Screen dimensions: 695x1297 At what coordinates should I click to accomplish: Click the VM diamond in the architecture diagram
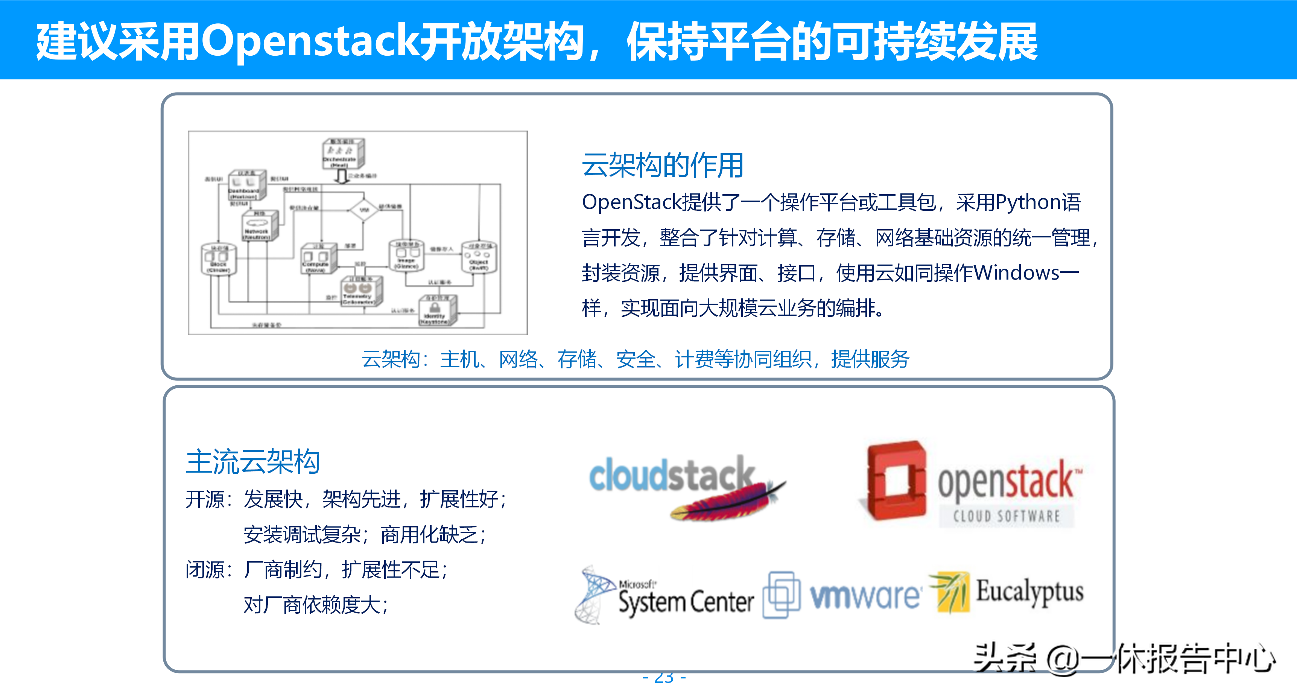pos(363,210)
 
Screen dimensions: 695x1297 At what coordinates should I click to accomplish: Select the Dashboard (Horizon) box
pos(246,186)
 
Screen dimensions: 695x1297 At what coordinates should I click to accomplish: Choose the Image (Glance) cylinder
pos(406,256)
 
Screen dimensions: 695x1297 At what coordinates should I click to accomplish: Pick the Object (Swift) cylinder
pos(479,257)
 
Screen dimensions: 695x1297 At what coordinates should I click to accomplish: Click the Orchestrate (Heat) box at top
pos(342,154)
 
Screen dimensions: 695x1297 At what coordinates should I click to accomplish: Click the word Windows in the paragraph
pos(1016,273)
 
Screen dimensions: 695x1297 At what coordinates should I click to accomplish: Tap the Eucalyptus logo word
pos(1029,592)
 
